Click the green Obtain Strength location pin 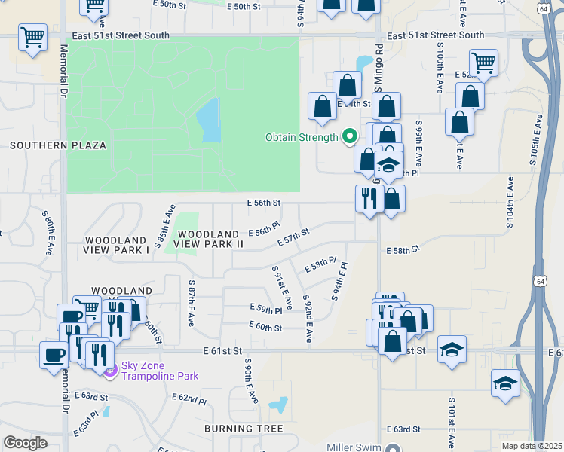coord(349,136)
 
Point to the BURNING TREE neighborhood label coord(243,429)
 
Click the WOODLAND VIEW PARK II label coord(210,240)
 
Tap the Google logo coord(25,442)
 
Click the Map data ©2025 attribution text coord(531,446)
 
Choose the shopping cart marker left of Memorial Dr coord(33,37)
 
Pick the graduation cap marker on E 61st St coord(452,350)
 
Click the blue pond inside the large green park coord(207,121)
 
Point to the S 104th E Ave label coord(510,203)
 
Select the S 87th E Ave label coord(192,304)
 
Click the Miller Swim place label coord(355,447)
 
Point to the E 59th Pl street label coord(265,309)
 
